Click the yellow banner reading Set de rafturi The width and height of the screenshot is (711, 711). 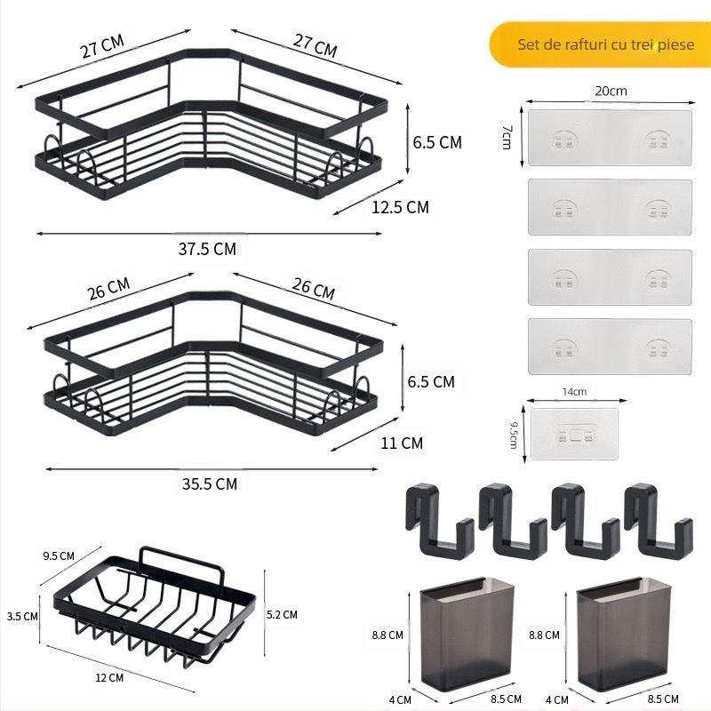(600, 44)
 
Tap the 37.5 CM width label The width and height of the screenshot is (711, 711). (207, 249)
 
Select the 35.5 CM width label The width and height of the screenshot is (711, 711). (209, 483)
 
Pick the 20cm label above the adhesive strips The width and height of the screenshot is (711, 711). (611, 92)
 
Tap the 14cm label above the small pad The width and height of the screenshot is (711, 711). (574, 391)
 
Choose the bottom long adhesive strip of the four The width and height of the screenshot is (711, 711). (610, 346)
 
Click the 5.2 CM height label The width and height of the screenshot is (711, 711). (282, 614)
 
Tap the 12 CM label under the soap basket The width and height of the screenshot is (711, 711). (109, 677)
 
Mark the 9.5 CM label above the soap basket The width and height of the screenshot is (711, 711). (59, 556)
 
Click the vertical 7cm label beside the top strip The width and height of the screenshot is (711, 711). (505, 137)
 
